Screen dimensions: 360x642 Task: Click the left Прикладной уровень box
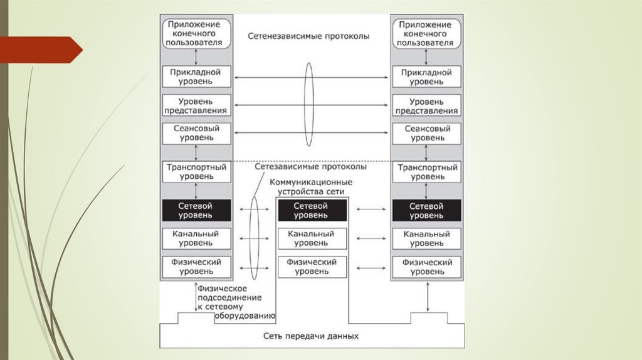(x=196, y=77)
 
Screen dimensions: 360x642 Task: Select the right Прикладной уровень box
(x=426, y=77)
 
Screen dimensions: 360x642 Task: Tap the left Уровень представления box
(x=196, y=105)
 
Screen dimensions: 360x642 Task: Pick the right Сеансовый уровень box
(x=426, y=133)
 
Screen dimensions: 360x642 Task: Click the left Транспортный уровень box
(x=196, y=172)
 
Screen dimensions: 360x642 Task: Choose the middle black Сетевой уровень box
(x=312, y=210)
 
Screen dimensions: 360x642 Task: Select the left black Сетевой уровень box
(x=196, y=210)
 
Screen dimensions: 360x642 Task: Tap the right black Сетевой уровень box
(x=426, y=210)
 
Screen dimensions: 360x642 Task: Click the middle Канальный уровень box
(x=312, y=238)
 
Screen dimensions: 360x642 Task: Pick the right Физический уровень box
(x=426, y=267)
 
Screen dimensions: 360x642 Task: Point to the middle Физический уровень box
(x=312, y=267)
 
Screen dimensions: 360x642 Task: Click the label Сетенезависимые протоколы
(x=308, y=36)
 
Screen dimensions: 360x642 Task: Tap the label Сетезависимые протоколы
(x=311, y=167)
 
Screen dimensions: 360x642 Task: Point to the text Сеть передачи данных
(x=311, y=336)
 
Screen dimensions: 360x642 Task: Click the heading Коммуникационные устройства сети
(x=310, y=186)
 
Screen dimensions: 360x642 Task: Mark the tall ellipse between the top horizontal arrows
(x=308, y=104)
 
